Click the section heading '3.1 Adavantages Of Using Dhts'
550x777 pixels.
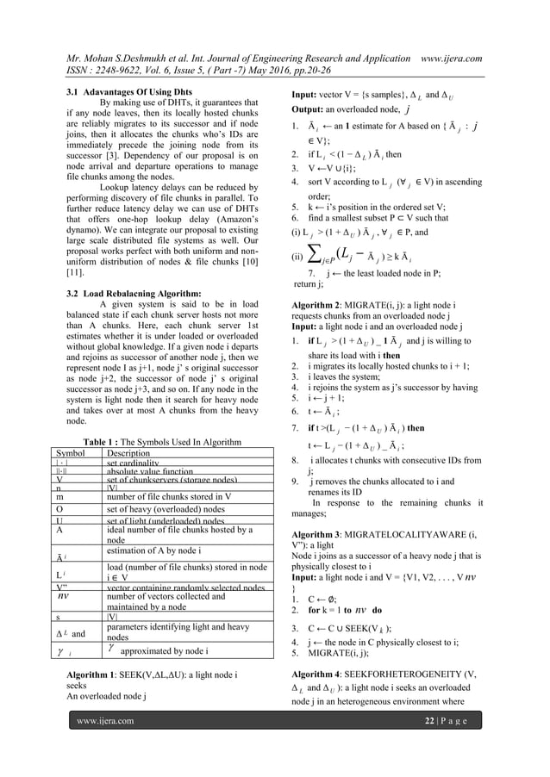129,91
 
